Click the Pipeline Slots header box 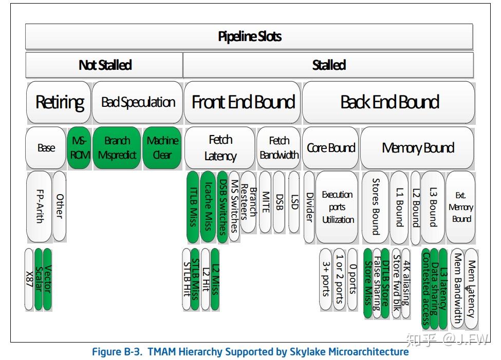click(x=249, y=37)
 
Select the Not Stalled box click(x=104, y=65)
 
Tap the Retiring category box click(x=59, y=102)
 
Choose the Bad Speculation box click(x=138, y=102)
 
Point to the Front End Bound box click(x=243, y=102)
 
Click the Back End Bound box click(x=389, y=102)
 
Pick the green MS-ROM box click(x=79, y=148)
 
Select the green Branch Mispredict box click(x=117, y=148)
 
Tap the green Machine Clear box click(x=162, y=148)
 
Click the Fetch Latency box click(x=220, y=148)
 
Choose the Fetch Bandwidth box click(x=279, y=148)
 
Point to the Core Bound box click(x=331, y=148)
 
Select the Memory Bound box click(x=417, y=148)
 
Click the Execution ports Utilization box click(x=337, y=207)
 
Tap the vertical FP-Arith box click(x=39, y=207)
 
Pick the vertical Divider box click(x=309, y=207)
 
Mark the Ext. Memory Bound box click(x=461, y=207)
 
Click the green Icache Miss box click(x=208, y=207)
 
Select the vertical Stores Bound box click(x=375, y=207)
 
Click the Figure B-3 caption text click(x=250, y=352)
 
